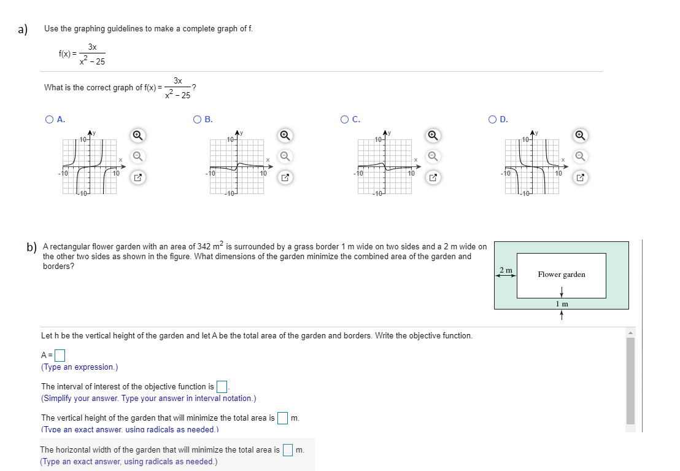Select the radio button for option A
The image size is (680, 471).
pos(49,120)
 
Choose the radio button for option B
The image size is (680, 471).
pos(197,120)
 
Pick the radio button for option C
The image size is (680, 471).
pos(345,120)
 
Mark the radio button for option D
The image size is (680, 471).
pos(493,120)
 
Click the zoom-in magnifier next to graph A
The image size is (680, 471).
pos(138,135)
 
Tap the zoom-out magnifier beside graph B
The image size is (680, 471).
pos(285,157)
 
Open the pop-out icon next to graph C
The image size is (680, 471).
pos(433,178)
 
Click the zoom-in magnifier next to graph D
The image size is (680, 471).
pos(580,135)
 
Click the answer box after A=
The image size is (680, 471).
pos(60,355)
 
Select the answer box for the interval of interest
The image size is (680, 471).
pos(222,386)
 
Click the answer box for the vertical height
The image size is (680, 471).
pos(282,418)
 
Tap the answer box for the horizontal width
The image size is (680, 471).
pos(288,450)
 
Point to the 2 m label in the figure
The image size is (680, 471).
pos(506,270)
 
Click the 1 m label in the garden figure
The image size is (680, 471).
pos(561,304)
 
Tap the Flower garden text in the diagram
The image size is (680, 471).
pos(561,274)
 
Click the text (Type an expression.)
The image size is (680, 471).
pos(79,367)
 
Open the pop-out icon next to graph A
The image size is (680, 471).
pos(138,178)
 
